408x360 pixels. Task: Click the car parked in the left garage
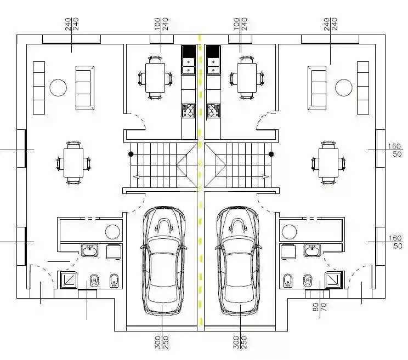pos(163,261)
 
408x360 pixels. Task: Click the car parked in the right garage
pos(238,261)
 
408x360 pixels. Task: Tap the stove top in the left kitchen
pos(189,111)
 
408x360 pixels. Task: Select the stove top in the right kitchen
pos(213,111)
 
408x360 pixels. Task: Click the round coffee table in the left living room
pos(58,88)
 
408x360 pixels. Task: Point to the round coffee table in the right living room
pos(343,88)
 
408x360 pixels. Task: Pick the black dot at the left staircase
pos(131,154)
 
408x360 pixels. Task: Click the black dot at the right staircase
pos(271,154)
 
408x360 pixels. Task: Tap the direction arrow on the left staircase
pos(136,177)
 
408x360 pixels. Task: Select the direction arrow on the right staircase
pos(266,177)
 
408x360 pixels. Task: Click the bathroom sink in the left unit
pos(90,250)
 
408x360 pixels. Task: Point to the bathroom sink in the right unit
pos(312,250)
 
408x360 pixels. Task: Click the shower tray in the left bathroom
pos(69,279)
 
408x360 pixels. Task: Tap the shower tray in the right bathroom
pos(333,279)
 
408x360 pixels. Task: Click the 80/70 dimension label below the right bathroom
pos(320,307)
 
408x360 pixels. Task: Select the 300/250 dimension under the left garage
pos(161,342)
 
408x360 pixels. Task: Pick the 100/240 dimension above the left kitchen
pos(161,24)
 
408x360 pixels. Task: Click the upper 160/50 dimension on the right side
pos(395,150)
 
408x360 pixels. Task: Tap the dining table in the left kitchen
pos(155,77)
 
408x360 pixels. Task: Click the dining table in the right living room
pos(328,163)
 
